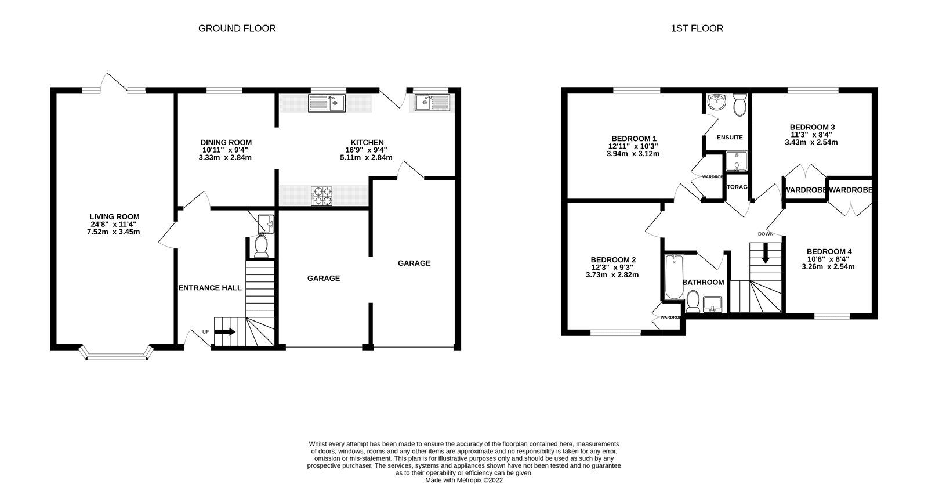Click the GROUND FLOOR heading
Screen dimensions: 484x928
click(x=237, y=28)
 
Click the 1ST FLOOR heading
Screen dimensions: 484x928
click(x=697, y=28)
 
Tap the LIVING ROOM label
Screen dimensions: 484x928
click(x=114, y=217)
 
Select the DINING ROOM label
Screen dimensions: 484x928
click(x=226, y=142)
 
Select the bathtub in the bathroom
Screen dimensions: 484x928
click(x=673, y=277)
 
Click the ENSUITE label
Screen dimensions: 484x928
click(x=730, y=138)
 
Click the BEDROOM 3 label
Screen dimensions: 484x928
click(x=812, y=127)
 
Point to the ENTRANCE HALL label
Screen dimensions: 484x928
click(x=210, y=288)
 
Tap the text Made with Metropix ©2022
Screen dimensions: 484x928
click(x=464, y=481)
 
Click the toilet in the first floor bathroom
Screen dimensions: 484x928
click(x=692, y=299)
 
